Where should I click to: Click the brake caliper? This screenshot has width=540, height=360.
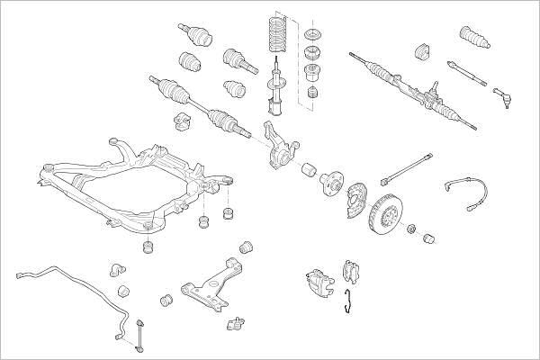coord(316,281)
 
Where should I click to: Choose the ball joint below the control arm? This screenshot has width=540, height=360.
coord(238,321)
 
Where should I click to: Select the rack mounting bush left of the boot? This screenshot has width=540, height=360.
coord(425,49)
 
